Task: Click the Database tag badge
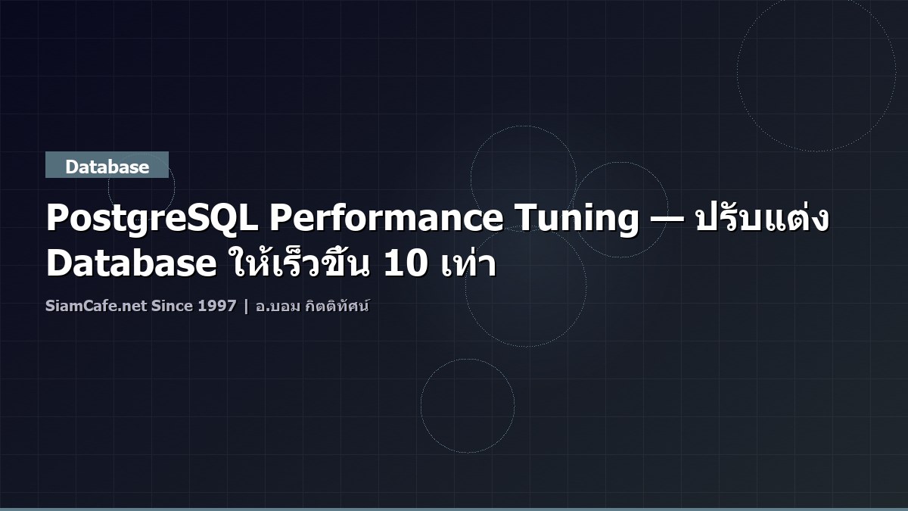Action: [x=107, y=166]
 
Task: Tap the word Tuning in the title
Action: [x=575, y=220]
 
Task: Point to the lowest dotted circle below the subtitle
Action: [x=468, y=406]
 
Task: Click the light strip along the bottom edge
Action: [x=454, y=509]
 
